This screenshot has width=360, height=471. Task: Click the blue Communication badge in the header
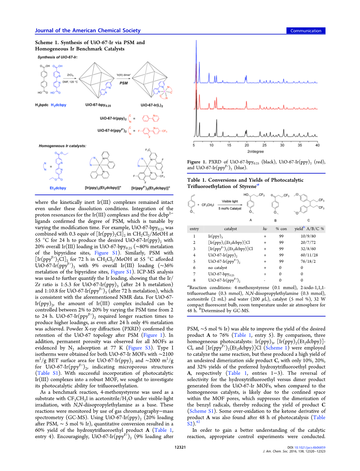306,31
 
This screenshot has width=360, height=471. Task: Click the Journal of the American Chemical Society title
88,30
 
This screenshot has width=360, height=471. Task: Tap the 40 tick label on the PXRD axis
317,145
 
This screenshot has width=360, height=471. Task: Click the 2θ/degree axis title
256,151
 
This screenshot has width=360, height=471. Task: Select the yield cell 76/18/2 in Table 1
308,261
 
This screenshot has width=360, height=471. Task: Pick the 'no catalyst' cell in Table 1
217,268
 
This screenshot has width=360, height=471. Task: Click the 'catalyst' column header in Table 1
230,229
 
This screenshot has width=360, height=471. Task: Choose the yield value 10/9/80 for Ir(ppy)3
308,236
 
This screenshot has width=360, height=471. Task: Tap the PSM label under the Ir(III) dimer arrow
124,83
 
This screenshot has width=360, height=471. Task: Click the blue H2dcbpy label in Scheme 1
59,105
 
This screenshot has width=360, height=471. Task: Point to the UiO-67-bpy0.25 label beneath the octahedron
98,105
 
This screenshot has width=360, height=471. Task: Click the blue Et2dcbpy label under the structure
58,188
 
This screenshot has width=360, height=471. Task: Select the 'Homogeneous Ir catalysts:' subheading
63,146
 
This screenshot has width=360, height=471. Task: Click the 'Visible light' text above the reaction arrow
230,201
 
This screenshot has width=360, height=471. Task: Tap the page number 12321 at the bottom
180,447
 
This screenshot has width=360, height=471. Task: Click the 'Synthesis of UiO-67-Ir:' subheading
57,57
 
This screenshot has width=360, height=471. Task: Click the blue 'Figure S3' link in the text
139,348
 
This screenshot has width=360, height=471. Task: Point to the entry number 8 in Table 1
194,280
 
